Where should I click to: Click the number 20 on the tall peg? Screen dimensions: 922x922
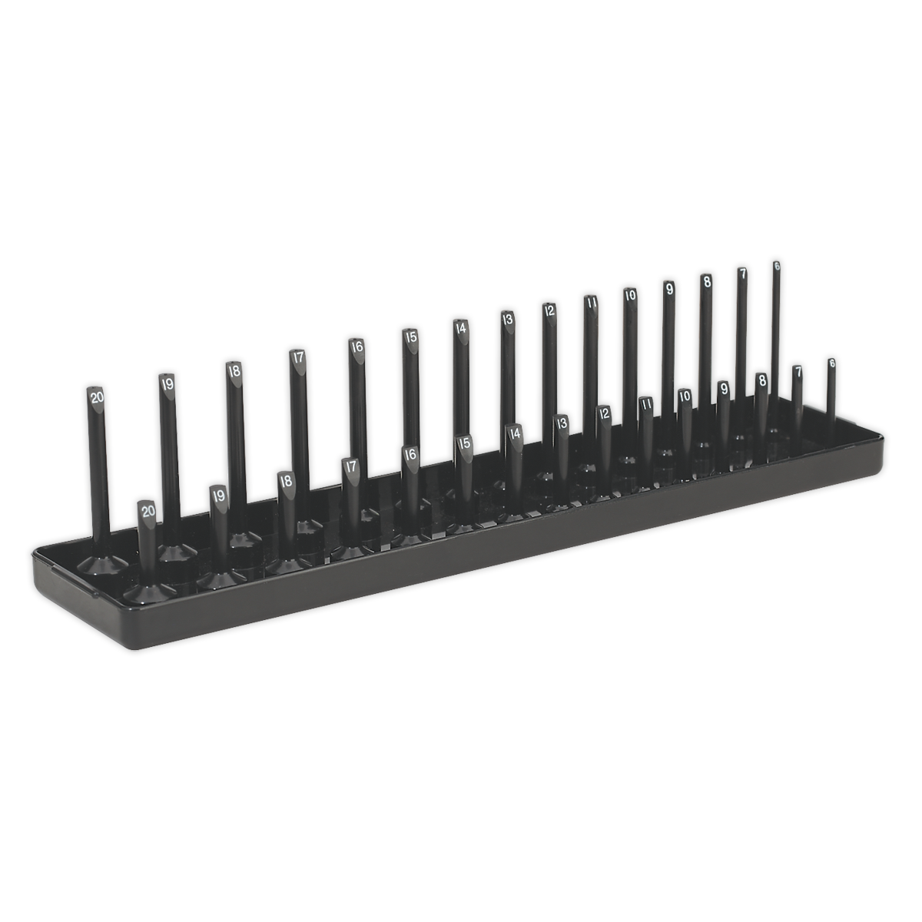pyautogui.click(x=97, y=397)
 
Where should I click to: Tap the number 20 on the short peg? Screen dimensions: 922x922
pyautogui.click(x=148, y=509)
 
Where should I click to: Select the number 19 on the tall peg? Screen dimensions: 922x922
pyautogui.click(x=167, y=383)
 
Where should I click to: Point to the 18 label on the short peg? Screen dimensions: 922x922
pyautogui.click(x=286, y=481)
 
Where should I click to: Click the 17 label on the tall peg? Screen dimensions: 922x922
pyautogui.click(x=297, y=357)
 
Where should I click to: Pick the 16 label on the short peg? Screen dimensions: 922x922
pyautogui.click(x=410, y=454)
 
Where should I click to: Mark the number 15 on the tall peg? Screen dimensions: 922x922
pyautogui.click(x=410, y=336)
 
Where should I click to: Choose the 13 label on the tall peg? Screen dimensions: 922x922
pyautogui.click(x=507, y=318)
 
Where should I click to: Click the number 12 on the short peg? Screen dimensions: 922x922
pyautogui.click(x=605, y=413)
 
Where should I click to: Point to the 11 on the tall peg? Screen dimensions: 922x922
pyautogui.click(x=591, y=303)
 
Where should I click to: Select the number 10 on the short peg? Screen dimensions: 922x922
pyautogui.click(x=684, y=396)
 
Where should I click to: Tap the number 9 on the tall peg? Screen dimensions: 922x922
pyautogui.click(x=668, y=289)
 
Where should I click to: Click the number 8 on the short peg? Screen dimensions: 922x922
pyautogui.click(x=761, y=379)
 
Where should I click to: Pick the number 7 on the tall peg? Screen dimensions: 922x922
pyautogui.click(x=742, y=274)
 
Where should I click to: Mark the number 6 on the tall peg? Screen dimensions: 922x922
pyautogui.click(x=777, y=266)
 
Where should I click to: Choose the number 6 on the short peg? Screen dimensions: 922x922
pyautogui.click(x=831, y=363)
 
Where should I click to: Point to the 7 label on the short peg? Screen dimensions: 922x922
pyautogui.click(x=798, y=372)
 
